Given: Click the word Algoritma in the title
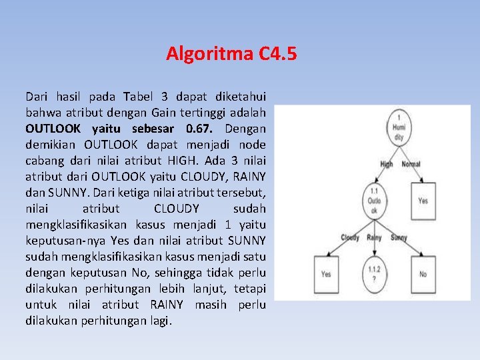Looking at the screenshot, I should [209, 53].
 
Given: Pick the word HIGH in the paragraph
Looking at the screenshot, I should [205, 160].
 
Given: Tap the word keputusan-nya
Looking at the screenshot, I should [61, 240].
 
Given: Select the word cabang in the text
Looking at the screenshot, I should [43, 160].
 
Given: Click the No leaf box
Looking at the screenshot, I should [423, 273].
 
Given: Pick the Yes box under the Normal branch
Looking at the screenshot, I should [423, 201].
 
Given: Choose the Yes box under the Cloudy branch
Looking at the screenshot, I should [325, 273].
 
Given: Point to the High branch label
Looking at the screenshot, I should [387, 163].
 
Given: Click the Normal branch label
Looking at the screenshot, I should [411, 163].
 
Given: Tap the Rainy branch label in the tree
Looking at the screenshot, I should [375, 237].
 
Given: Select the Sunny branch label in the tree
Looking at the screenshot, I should [399, 237].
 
